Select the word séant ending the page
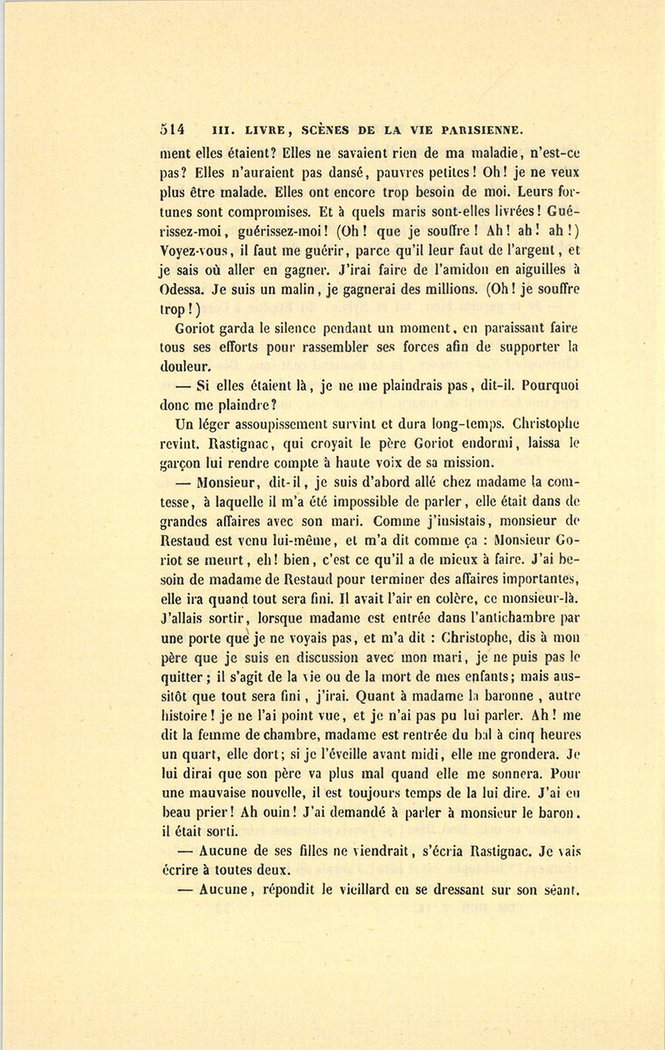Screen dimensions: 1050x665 point(561,891)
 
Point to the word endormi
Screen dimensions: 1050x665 point(483,445)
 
